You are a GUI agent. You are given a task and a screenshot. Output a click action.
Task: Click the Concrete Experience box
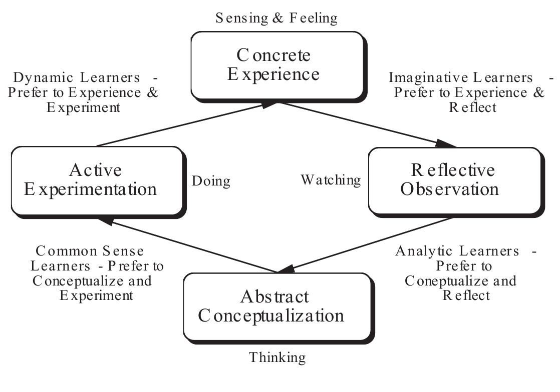click(x=277, y=65)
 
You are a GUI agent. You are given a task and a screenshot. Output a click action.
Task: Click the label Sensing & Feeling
click(x=276, y=18)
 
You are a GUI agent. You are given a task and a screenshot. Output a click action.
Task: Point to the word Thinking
click(x=277, y=357)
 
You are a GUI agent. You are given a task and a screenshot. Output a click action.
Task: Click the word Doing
click(x=211, y=181)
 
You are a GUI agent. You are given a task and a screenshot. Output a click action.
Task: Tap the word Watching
click(x=331, y=180)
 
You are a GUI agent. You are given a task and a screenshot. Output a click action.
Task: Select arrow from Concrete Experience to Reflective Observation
click(x=366, y=124)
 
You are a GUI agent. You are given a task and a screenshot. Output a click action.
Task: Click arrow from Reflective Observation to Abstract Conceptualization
click(x=366, y=245)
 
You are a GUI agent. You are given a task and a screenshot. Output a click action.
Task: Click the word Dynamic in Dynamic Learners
click(x=39, y=78)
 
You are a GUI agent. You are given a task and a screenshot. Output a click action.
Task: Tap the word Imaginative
click(x=421, y=78)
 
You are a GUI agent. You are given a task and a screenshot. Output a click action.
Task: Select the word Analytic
click(x=422, y=251)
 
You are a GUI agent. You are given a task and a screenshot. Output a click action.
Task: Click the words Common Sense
click(x=90, y=251)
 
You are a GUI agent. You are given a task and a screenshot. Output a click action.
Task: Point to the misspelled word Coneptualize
click(x=441, y=280)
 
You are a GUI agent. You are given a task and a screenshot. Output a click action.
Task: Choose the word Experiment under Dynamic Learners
click(x=84, y=107)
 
